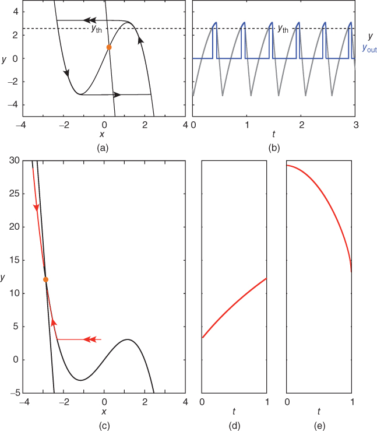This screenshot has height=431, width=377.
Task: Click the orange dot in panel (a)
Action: point(108,47)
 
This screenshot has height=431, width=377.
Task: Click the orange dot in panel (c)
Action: point(45,280)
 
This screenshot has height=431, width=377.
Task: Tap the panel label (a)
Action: point(104,148)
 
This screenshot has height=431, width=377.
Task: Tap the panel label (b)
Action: point(274,148)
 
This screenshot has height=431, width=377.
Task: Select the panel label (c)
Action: point(104,424)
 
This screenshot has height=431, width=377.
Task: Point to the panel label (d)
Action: point(234,424)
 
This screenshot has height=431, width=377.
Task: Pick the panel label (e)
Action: point(319,424)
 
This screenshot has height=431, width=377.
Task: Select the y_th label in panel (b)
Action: point(282,27)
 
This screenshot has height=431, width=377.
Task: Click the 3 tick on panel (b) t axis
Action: point(355,125)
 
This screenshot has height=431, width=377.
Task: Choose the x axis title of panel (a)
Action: point(104,135)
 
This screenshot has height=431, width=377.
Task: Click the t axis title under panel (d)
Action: point(234,412)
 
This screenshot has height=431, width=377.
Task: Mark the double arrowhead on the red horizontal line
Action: point(90,339)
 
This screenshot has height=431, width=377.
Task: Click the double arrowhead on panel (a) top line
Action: point(89,20)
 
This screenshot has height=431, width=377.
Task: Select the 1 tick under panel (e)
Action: point(351,402)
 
